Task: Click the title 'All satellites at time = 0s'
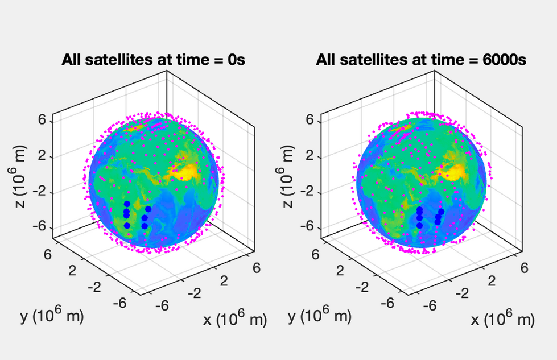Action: coord(154,59)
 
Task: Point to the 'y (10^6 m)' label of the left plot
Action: coord(52,316)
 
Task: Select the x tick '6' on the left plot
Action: coord(256,267)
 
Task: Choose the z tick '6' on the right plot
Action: coord(310,120)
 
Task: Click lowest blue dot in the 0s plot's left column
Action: coord(127,226)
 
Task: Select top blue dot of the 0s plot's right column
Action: coord(148,209)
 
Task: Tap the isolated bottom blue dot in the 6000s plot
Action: coord(420,225)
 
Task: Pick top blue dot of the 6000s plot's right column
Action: coord(442,212)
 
